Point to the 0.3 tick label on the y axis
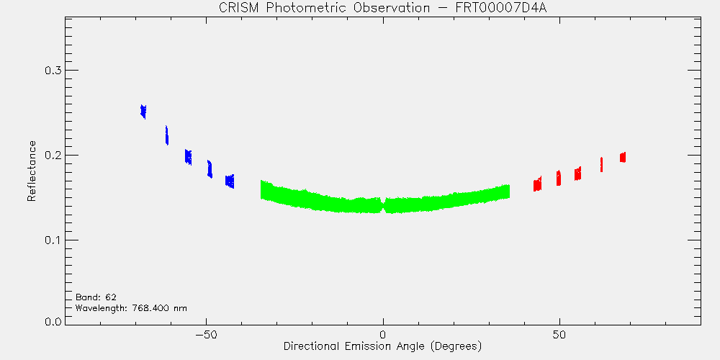pos(52,71)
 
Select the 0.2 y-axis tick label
pos(52,156)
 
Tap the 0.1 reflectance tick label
pos(52,240)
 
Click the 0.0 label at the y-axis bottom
pos(52,321)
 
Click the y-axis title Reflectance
pos(31,171)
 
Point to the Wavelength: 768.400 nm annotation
pos(131,307)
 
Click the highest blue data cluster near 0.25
pos(143,112)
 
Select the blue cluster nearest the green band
pos(230,181)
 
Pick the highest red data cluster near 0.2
pos(623,158)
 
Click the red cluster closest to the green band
pos(537,184)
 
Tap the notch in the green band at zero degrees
pos(383,204)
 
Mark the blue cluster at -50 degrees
pos(210,169)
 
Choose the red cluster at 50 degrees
pos(559,178)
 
